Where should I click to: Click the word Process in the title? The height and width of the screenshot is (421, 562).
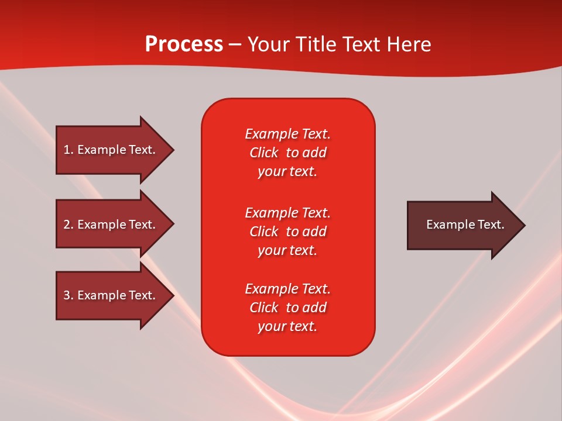(184, 44)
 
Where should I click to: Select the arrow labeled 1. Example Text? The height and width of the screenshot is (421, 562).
(109, 150)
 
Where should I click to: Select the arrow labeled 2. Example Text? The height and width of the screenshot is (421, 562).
(109, 225)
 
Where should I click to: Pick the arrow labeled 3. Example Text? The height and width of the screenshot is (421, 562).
(109, 295)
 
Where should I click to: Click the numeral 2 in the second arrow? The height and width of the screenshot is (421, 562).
(67, 225)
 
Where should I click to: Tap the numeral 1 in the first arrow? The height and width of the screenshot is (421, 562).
(67, 150)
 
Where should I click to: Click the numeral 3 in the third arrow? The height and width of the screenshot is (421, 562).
(67, 295)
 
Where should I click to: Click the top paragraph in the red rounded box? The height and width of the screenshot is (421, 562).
(287, 153)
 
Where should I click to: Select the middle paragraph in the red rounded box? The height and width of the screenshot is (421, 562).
(287, 232)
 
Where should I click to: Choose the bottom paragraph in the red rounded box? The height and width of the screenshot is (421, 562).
(287, 308)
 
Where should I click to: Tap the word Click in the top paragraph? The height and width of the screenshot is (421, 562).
(264, 153)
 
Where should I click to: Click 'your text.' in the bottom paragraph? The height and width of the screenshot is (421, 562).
(287, 326)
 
